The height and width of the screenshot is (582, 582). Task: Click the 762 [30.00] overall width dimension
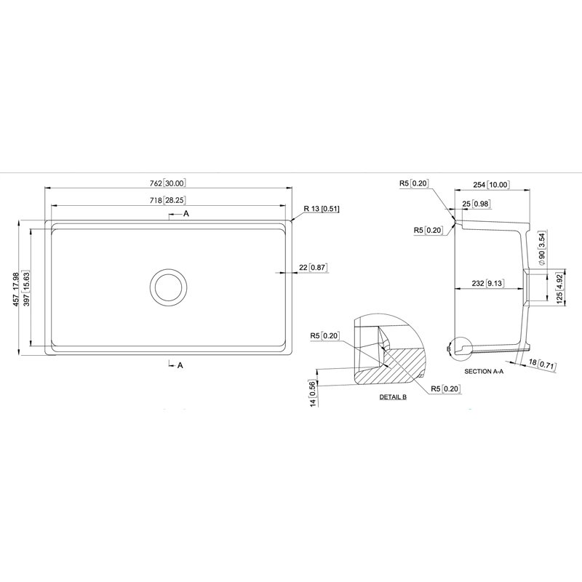(x=168, y=183)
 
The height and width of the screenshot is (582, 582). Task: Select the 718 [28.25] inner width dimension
(x=168, y=200)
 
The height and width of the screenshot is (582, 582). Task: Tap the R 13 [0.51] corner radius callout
(x=322, y=209)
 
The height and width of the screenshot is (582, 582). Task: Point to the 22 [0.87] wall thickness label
(x=314, y=267)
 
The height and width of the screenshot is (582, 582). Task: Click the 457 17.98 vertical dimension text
(x=15, y=289)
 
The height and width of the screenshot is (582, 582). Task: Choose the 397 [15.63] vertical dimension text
(x=26, y=289)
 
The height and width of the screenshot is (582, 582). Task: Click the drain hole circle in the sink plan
(x=168, y=287)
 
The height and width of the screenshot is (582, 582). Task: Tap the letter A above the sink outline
(x=186, y=213)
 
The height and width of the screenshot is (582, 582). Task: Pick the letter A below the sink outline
(x=180, y=365)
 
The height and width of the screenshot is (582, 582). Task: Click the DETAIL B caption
(x=393, y=396)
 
